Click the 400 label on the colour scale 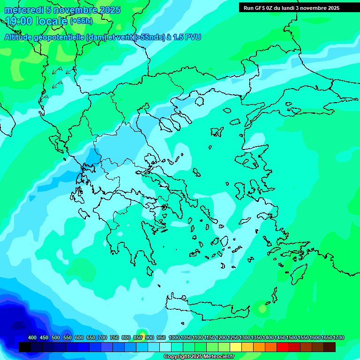click(x=32, y=337)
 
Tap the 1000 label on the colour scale click(x=174, y=337)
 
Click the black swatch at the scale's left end click(x=25, y=347)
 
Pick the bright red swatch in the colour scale click(x=282, y=347)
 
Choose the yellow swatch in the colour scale click(x=235, y=347)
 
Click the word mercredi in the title click(x=24, y=10)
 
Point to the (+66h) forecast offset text click(x=81, y=21)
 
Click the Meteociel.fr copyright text click(x=198, y=357)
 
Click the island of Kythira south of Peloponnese click(x=149, y=271)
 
